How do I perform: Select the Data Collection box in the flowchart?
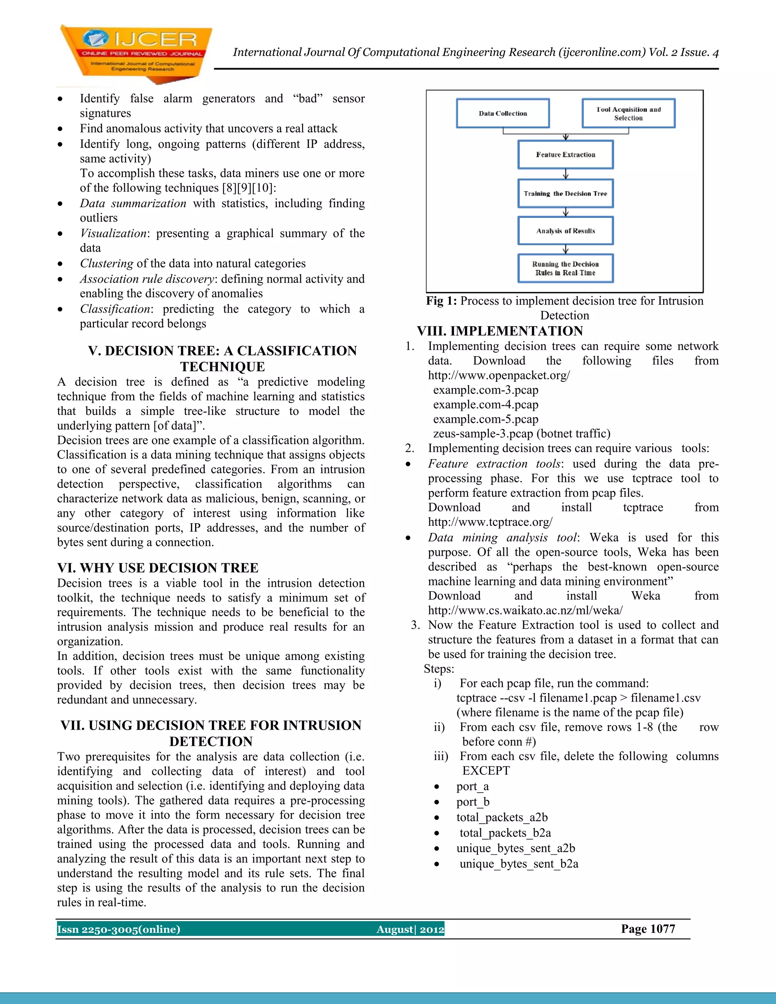click(502, 113)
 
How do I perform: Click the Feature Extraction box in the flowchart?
click(565, 155)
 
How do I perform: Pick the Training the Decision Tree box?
click(565, 194)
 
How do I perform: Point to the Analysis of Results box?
click(565, 231)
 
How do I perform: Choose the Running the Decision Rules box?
click(565, 269)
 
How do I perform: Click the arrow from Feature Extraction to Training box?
click(566, 174)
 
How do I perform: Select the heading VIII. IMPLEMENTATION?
click(500, 331)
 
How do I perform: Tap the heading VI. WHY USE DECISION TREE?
click(158, 568)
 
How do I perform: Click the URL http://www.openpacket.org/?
click(499, 375)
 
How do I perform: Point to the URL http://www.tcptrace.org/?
click(490, 522)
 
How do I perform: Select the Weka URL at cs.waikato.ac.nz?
click(525, 610)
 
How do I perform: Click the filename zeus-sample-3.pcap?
click(483, 433)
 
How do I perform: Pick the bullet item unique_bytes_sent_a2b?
click(515, 848)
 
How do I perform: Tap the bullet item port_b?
click(472, 802)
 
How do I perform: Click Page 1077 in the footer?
click(648, 929)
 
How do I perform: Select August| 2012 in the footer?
click(410, 929)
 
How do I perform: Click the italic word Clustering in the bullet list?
click(106, 263)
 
